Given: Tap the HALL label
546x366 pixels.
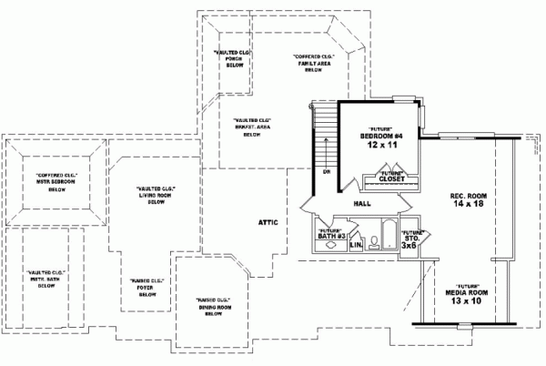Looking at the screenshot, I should coord(361,204).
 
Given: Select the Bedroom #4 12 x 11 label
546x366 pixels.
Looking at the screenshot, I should coord(375,140).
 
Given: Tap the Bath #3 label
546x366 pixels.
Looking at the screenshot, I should coord(330,234).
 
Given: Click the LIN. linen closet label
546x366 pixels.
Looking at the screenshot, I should coord(357,245).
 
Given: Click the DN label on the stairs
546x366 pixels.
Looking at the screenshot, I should coord(324,171).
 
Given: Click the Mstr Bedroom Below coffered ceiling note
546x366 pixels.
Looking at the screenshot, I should coord(56,182).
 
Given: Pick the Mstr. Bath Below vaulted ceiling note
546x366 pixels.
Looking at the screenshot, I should coord(47,279).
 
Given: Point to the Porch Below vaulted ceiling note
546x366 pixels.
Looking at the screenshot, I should coord(231,60).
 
